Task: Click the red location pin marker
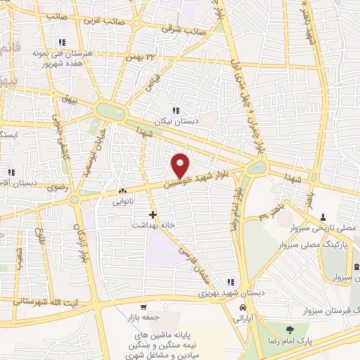click(x=181, y=165)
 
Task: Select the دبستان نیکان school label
click(x=176, y=120)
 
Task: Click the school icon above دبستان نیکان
click(x=176, y=110)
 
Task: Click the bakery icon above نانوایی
click(x=122, y=191)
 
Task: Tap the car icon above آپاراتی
click(x=243, y=308)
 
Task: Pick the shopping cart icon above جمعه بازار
click(x=143, y=307)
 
